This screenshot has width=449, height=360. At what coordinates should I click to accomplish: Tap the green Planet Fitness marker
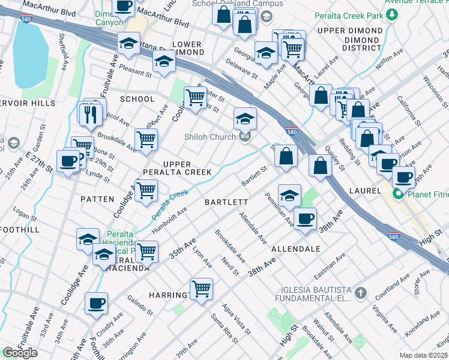pos(397,195)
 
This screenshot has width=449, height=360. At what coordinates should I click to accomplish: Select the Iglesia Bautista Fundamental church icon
pos(360,293)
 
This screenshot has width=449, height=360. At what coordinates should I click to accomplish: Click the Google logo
pos(20,353)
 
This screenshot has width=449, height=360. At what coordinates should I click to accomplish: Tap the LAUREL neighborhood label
pos(365,190)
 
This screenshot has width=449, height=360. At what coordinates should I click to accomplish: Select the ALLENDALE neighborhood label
pos(295,248)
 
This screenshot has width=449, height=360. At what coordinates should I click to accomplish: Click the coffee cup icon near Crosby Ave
pos(96,303)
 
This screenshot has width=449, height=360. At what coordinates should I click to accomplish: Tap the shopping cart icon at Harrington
pos(201,289)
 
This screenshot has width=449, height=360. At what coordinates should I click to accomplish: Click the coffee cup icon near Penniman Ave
pos(305,218)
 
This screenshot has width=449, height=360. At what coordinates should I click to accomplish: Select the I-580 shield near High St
pos(394,236)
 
